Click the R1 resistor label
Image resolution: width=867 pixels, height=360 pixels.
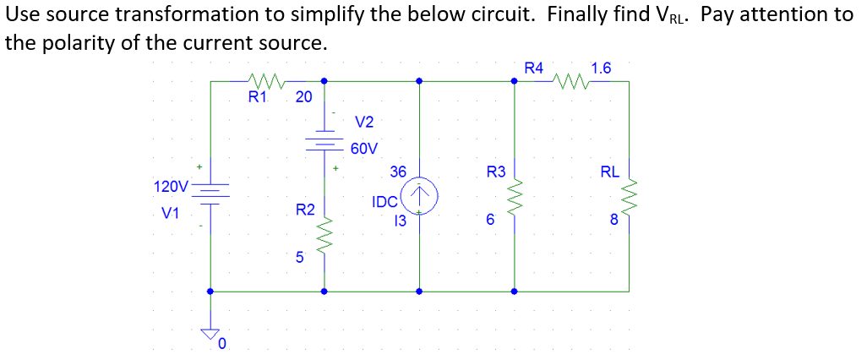pyautogui.click(x=257, y=97)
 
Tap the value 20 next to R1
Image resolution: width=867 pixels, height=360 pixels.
pyautogui.click(x=303, y=97)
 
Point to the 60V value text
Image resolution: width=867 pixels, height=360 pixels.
pyautogui.click(x=364, y=149)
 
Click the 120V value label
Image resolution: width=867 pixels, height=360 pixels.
pyautogui.click(x=171, y=186)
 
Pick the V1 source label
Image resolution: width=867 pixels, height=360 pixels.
pyautogui.click(x=171, y=214)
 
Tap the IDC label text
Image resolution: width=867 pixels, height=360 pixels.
pyautogui.click(x=384, y=202)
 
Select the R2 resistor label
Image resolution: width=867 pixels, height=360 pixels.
pyautogui.click(x=305, y=209)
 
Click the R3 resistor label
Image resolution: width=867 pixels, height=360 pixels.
pyautogui.click(x=496, y=172)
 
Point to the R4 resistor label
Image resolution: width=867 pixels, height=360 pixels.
pyautogui.click(x=534, y=68)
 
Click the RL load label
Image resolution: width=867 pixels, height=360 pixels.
pyautogui.click(x=609, y=172)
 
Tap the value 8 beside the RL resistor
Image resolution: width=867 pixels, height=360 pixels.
pyautogui.click(x=614, y=222)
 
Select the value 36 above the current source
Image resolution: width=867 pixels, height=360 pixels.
pyautogui.click(x=398, y=172)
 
